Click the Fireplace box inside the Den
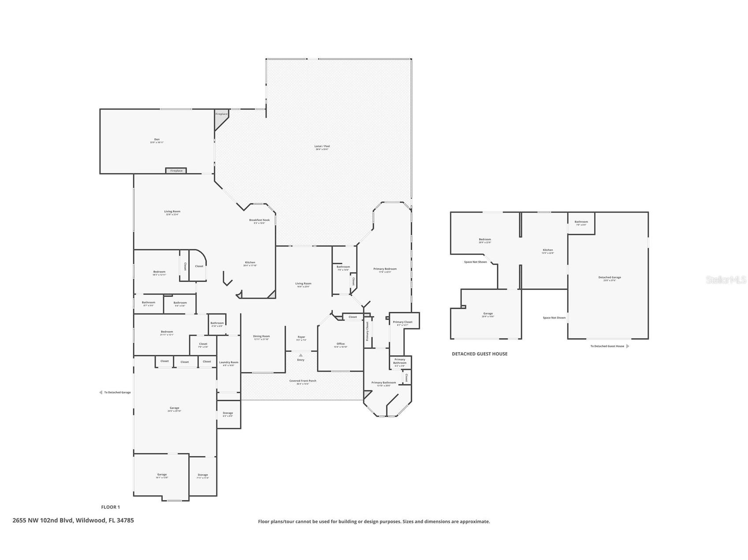[x=176, y=171]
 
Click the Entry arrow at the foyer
[x=301, y=355]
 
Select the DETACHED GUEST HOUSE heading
[x=479, y=354]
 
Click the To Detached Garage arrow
[x=101, y=392]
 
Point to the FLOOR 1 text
[x=110, y=507]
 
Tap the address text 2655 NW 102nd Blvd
[x=73, y=520]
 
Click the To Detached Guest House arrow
[x=628, y=346]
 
